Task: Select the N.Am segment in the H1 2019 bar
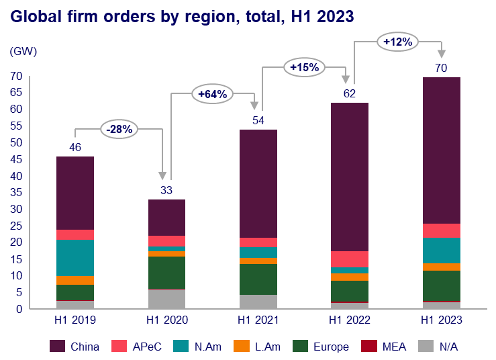coord(75,258)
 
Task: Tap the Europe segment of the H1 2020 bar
coord(166,272)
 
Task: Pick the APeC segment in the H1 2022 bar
coord(350,259)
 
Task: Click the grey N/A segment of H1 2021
coord(258,302)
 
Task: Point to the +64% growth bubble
coord(212,94)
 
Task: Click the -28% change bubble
coord(119,128)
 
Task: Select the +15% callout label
coord(304,67)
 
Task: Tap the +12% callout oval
coord(397,42)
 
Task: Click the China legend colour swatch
coord(58,347)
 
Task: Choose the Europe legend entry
coord(321,347)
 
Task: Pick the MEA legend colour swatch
coord(368,347)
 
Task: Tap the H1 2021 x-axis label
coord(258,320)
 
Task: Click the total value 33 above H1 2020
coord(166,190)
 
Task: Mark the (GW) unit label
coord(22,51)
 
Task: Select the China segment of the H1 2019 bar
coord(75,193)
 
